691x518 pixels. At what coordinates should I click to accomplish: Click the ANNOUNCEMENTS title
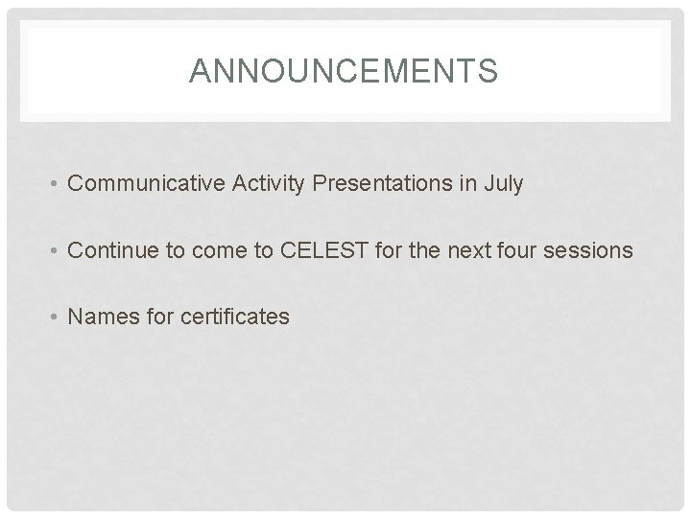(344, 71)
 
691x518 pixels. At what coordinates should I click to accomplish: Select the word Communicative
(147, 184)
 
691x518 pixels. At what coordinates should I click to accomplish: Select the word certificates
(234, 317)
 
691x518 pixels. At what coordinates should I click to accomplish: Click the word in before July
(467, 184)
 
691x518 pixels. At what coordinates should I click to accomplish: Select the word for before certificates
(157, 317)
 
